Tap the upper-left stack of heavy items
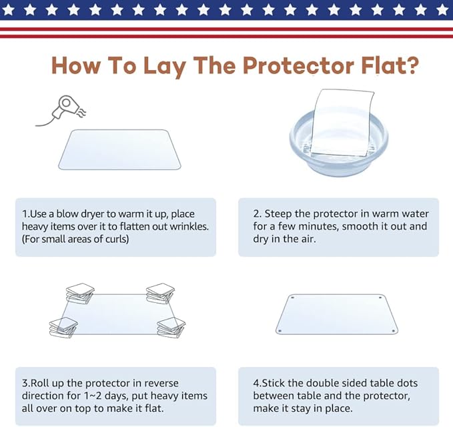coord(80,294)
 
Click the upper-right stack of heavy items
coord(160,293)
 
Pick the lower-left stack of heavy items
coord(63,328)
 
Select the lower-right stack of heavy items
coord(171,328)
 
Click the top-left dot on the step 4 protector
coord(293,298)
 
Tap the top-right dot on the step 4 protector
coord(380,298)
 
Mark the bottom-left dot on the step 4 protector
coord(280,330)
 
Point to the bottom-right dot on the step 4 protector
coord(393,330)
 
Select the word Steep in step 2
coord(278,214)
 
